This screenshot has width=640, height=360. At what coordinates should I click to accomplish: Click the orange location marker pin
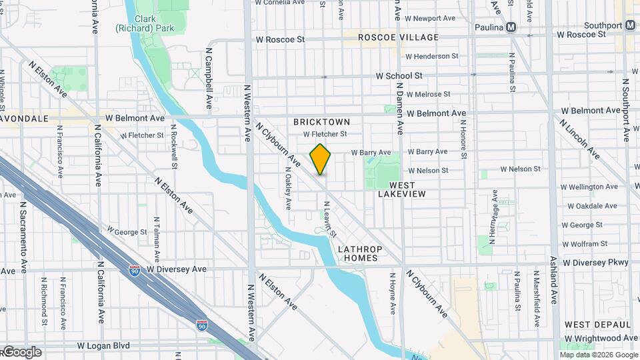321,160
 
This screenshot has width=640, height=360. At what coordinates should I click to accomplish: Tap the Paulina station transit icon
511,27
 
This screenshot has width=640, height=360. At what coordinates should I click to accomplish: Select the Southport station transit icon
630,25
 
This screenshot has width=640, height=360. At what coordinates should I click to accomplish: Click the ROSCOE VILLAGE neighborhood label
398,37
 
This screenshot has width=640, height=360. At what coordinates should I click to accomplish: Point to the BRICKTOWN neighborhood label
321,122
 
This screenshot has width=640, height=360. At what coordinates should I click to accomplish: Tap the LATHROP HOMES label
358,253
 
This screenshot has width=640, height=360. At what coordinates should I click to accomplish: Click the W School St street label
399,76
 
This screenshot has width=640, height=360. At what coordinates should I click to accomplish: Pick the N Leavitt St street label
329,219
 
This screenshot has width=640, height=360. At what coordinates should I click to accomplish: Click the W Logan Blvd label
107,346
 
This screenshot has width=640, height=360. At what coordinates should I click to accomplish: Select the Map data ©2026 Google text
598,355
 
